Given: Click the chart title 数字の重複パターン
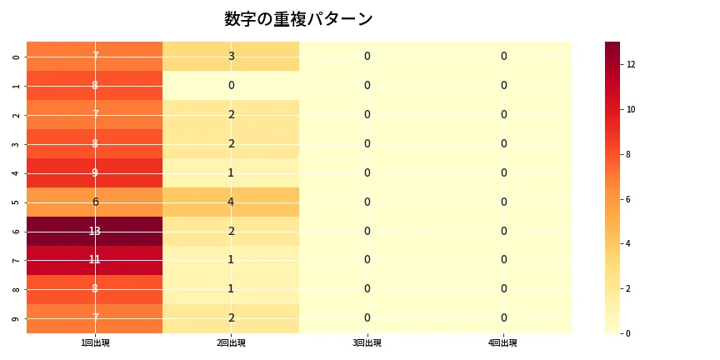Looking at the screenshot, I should pos(298,19).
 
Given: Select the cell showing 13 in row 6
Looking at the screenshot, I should pos(95,231).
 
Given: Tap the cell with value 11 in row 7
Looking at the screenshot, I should pos(95,260).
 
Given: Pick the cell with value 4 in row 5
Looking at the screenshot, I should pos(231,202).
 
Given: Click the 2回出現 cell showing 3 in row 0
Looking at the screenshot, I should pos(231,56).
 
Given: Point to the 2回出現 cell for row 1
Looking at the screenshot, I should pos(231,85).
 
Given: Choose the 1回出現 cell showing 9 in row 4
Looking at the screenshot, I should pos(95,172).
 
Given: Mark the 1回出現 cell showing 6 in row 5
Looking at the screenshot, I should pos(95,202).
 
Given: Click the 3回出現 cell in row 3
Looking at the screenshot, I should pos(367,143).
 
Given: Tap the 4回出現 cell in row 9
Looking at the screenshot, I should pos(503,317).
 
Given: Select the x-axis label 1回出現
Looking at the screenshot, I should pos(95,343).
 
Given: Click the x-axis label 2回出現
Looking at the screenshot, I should pos(231,343).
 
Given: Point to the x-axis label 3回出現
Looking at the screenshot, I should pos(367,343).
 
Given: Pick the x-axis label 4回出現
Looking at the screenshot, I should pos(503,343).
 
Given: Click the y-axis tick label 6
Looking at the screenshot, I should pos(17,231).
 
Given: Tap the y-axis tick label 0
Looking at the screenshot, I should pos(17,56).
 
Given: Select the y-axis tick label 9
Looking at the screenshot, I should pos(17,317).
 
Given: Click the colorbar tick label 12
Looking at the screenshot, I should pos(632,64).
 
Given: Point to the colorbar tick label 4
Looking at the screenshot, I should pos(630,243).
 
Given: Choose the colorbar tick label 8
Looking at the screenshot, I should pos(630,154).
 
